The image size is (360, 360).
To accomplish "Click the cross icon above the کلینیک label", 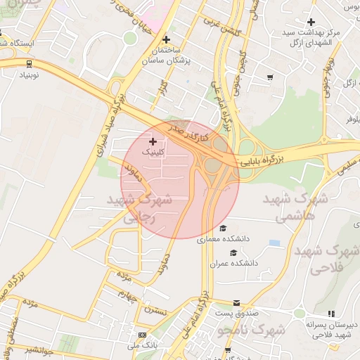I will [x=153, y=142].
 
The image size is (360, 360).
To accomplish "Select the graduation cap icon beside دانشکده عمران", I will [x=233, y=252].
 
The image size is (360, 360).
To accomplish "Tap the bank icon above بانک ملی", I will [x=142, y=335].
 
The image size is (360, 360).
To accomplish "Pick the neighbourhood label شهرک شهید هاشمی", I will [x=296, y=208].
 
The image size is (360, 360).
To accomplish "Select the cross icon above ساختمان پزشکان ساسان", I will [x=166, y=39].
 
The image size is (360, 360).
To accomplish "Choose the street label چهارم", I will [x=125, y=294].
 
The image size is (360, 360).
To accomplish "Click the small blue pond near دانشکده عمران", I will [x=274, y=243].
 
